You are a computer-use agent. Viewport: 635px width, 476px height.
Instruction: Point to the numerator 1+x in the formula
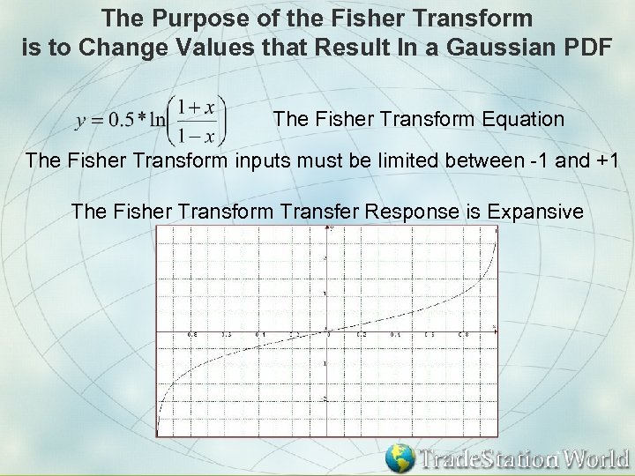(x=196, y=107)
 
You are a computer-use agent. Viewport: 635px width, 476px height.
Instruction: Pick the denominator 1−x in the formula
(x=196, y=135)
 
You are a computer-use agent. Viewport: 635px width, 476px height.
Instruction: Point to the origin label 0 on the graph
(x=329, y=335)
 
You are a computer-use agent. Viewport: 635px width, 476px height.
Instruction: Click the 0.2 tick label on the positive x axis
(x=362, y=335)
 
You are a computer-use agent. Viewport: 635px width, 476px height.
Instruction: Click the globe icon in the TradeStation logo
(x=401, y=457)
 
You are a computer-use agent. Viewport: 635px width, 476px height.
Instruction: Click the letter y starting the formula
(x=81, y=122)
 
